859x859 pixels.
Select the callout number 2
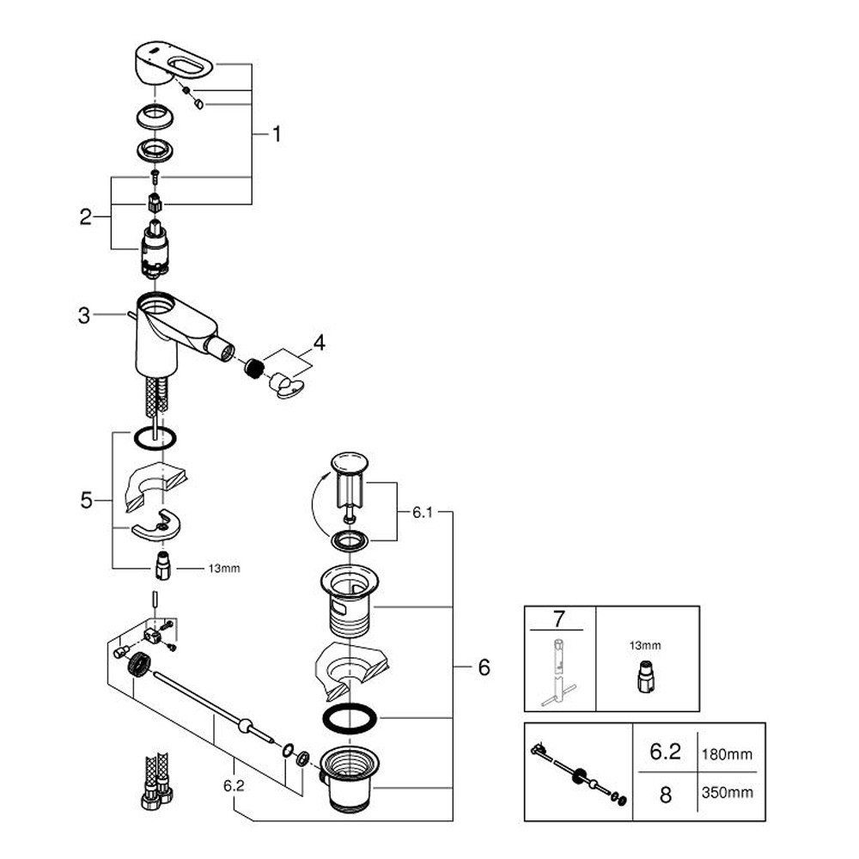click(85, 216)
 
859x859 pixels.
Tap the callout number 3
click(83, 315)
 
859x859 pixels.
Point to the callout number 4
click(319, 344)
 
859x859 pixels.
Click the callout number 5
click(86, 500)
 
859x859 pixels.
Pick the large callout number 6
click(483, 667)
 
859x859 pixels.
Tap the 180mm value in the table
click(728, 755)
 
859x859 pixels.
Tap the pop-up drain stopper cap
click(350, 461)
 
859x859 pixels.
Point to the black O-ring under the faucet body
click(155, 438)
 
